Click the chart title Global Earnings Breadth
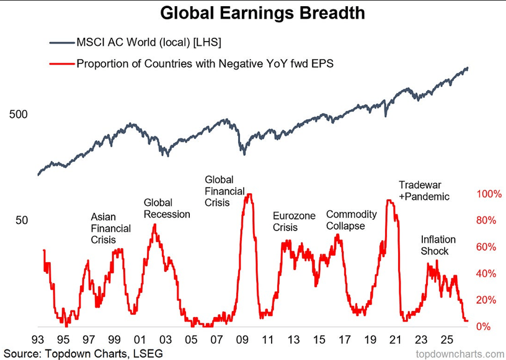coord(262,13)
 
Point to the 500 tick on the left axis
coord(19,114)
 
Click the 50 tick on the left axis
coord(22,220)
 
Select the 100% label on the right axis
coord(489,194)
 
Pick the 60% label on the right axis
coord(486,247)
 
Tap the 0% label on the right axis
coord(483,326)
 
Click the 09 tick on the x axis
coord(242,340)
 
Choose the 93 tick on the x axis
coord(38,340)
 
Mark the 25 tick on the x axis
coord(446,340)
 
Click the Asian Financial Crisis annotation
coord(110,228)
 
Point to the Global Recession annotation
coord(167,209)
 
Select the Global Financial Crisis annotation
coord(224,191)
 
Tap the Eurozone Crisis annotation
coord(295,221)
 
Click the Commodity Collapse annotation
coord(352,220)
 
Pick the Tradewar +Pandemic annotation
coord(424,191)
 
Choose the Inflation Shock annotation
coord(438,245)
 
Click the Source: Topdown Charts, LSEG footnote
coord(83,353)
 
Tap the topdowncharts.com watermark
coord(459,353)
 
